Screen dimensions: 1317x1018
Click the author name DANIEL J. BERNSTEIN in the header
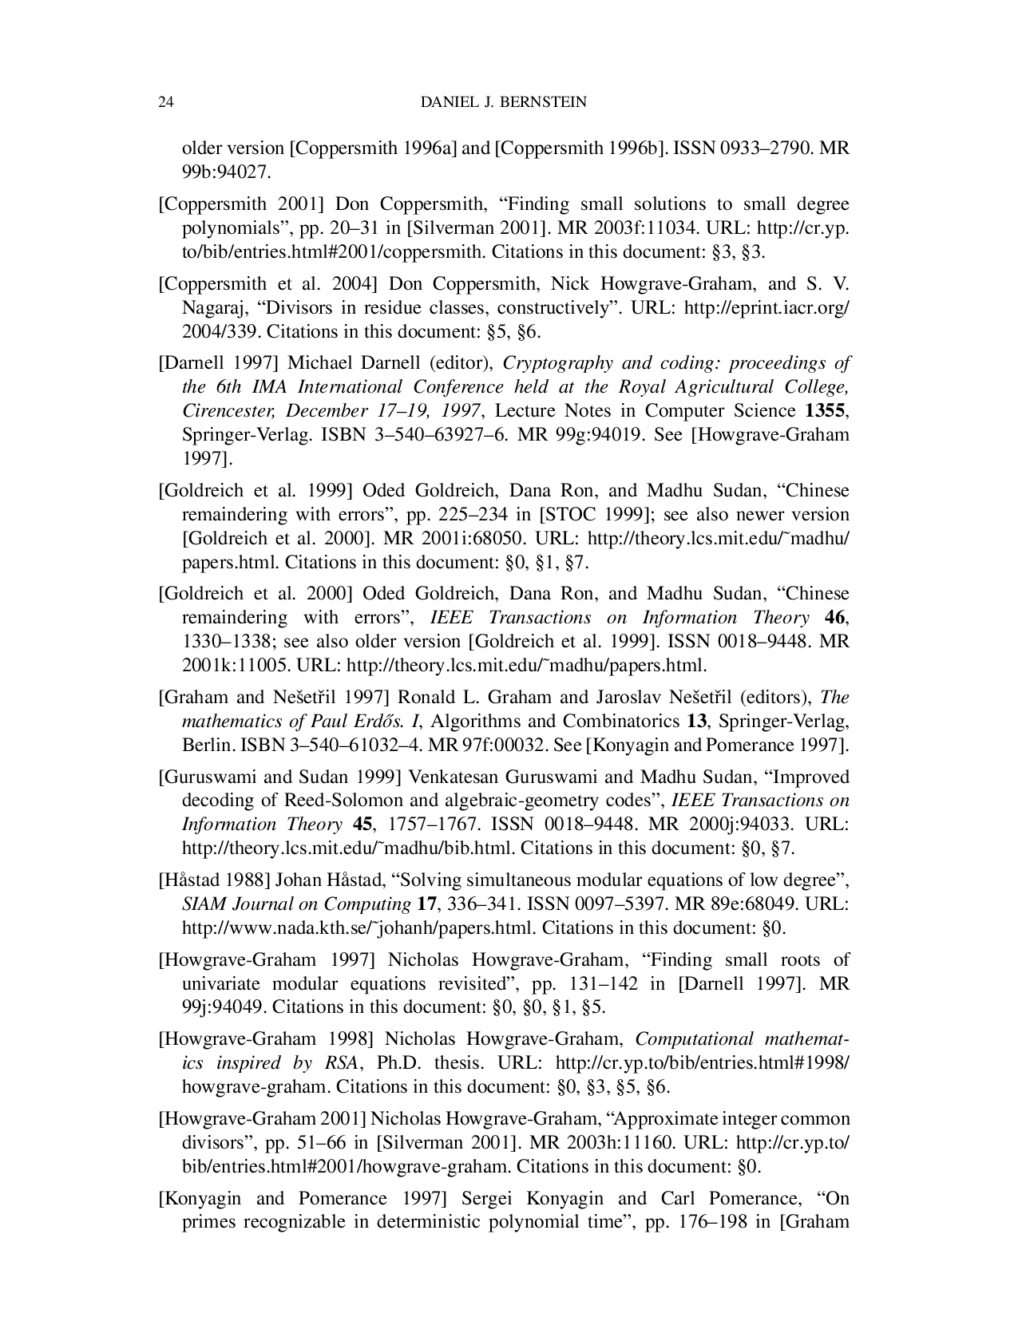click(503, 102)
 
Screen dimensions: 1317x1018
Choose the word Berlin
click(204, 746)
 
